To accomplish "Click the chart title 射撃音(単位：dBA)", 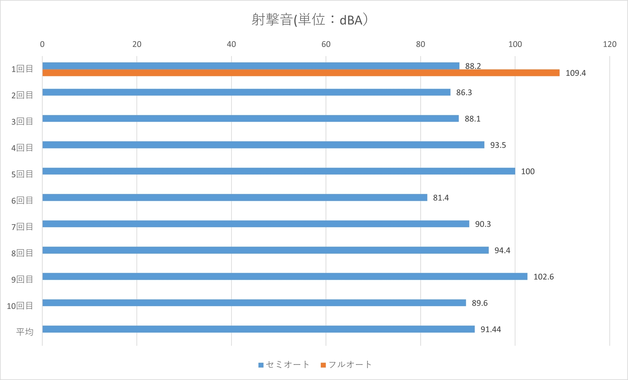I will (x=310, y=20).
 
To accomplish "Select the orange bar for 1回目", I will (x=301, y=73).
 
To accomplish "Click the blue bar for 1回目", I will (x=251, y=66).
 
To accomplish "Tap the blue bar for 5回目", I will (x=279, y=171).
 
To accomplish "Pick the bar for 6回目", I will (x=235, y=198).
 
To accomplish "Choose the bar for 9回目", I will (x=285, y=277).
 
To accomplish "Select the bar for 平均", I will (x=259, y=329).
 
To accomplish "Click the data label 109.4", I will (x=576, y=73).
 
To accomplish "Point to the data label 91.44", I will (x=490, y=330).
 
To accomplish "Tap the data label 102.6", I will (x=543, y=277).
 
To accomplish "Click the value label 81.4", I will (x=441, y=198).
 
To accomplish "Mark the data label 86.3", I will (x=464, y=93).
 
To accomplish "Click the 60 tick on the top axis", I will (x=326, y=44).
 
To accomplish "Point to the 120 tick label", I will (x=609, y=44).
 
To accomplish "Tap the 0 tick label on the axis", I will (x=42, y=44).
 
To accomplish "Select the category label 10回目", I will (x=20, y=306).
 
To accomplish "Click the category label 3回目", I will (x=22, y=121).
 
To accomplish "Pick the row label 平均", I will (x=25, y=332).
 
